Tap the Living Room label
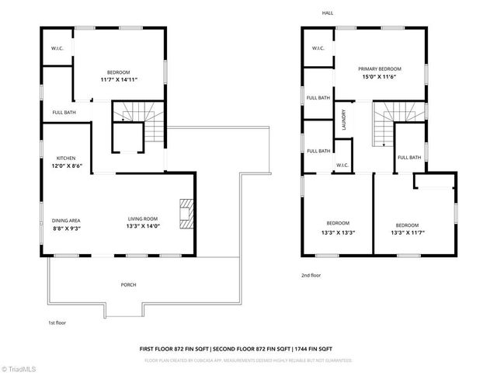[143, 219]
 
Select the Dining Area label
[66, 220]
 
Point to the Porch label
[128, 285]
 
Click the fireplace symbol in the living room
[185, 211]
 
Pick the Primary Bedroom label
[378, 69]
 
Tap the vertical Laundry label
[342, 120]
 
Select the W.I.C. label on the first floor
[57, 47]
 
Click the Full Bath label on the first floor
[64, 112]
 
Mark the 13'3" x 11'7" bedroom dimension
[407, 232]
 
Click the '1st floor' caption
[57, 322]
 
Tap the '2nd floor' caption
[311, 275]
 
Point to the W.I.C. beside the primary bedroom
[318, 48]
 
